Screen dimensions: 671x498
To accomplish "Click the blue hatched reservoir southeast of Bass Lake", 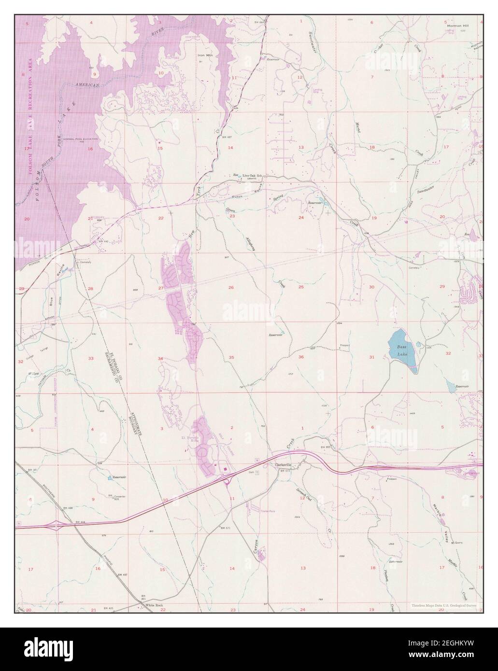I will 450,386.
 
